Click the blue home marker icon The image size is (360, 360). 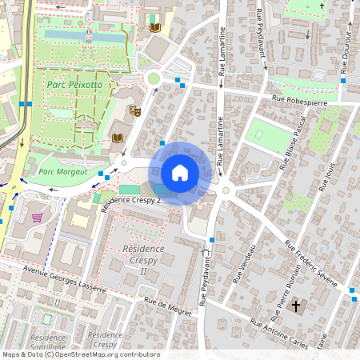[180, 173]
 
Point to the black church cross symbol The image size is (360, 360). [296, 306]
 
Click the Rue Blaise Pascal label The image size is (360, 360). [294, 145]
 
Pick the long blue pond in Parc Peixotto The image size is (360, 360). [84, 35]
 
